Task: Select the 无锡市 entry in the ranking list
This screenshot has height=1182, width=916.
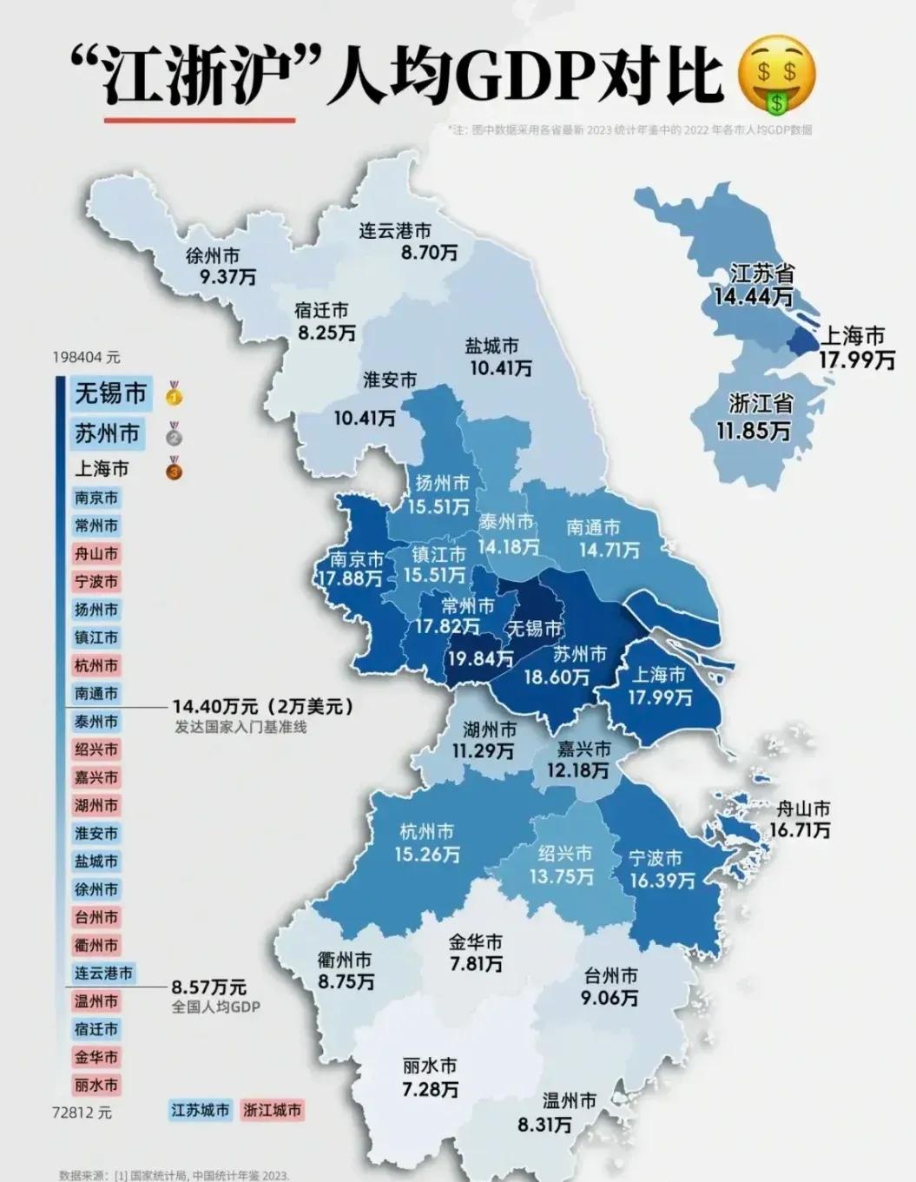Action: (x=110, y=393)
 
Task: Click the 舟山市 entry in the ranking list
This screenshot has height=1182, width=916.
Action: (x=96, y=554)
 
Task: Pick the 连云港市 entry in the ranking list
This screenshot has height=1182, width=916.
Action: (x=103, y=974)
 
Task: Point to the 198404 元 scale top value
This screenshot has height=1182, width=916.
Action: (x=86, y=357)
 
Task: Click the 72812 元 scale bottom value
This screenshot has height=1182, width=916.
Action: (x=82, y=1113)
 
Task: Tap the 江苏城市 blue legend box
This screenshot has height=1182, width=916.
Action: (x=200, y=1110)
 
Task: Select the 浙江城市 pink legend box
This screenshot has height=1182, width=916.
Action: (x=273, y=1110)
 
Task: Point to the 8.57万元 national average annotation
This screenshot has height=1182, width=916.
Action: (x=208, y=987)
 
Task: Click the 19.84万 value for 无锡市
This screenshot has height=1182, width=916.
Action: (x=480, y=659)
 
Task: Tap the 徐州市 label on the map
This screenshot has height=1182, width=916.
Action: (x=213, y=256)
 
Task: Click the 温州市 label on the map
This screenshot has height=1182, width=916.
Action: (x=569, y=1101)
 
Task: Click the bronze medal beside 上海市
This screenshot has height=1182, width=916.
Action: (x=175, y=468)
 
